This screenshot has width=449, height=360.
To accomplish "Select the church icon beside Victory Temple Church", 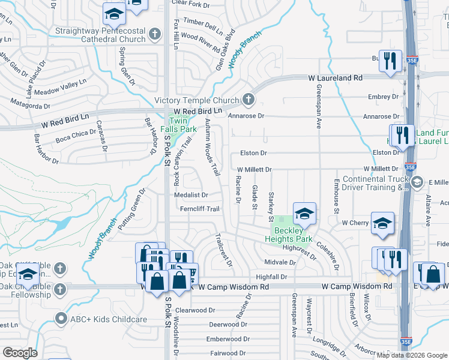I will pyautogui.click(x=249, y=100).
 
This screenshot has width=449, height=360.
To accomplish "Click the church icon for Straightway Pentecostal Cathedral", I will pyautogui.click(x=155, y=34).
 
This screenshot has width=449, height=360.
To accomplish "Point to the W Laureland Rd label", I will pyautogui.click(x=336, y=78).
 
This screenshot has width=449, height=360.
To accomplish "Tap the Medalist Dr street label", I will pyautogui.click(x=191, y=195).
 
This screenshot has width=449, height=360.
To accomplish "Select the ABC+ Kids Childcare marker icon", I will pyautogui.click(x=59, y=319).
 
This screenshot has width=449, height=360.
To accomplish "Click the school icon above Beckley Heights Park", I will pyautogui.click(x=304, y=213).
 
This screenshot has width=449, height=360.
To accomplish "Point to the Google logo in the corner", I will pyautogui.click(x=20, y=353).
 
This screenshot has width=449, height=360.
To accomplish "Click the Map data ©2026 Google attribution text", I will pyautogui.click(x=412, y=355).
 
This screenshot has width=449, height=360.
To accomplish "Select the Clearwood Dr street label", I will pyautogui.click(x=195, y=310).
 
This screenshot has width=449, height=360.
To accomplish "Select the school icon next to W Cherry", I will pyautogui.click(x=382, y=223).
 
